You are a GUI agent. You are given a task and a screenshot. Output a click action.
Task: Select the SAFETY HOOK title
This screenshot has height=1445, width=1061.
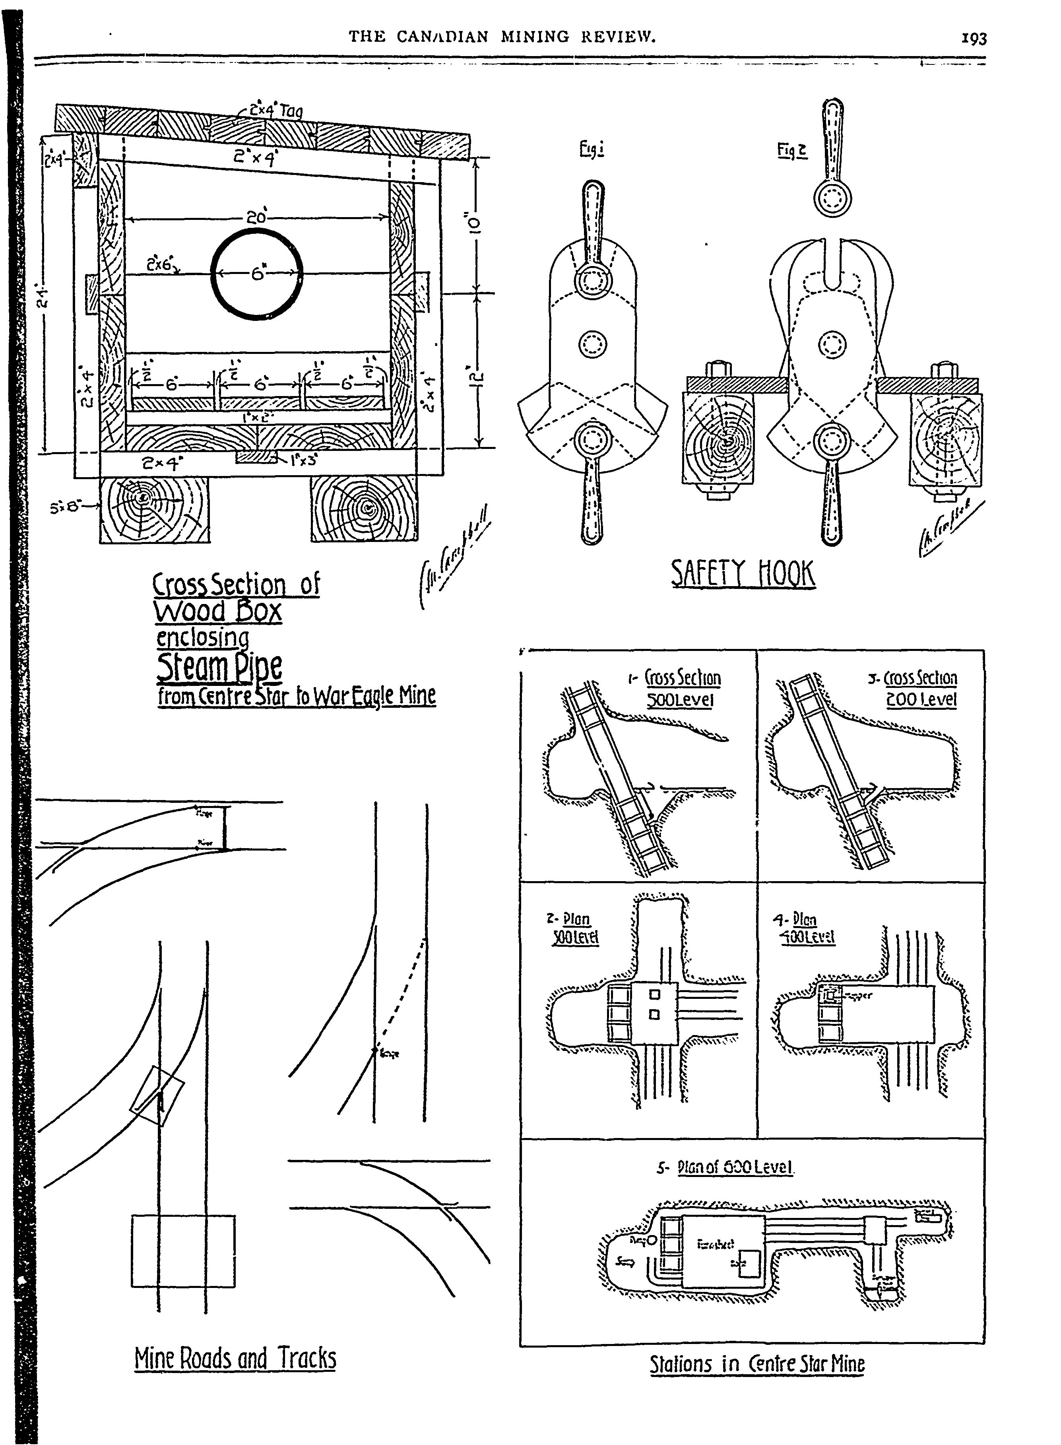[x=743, y=574]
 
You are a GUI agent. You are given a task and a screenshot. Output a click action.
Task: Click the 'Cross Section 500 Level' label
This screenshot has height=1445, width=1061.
[x=682, y=688]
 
